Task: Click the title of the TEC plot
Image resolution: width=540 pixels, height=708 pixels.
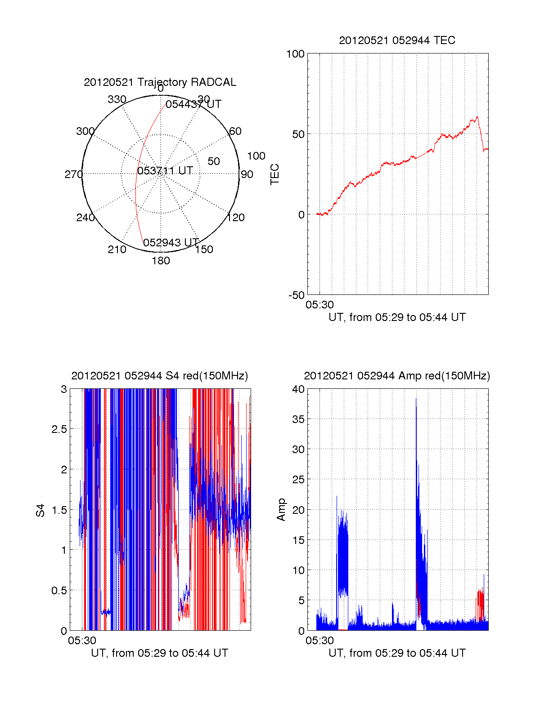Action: tap(397, 40)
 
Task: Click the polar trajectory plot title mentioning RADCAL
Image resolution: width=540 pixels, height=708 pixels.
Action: tap(160, 82)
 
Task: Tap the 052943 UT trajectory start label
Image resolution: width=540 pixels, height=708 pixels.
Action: tap(171, 243)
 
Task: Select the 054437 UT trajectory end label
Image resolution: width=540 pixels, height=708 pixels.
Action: tap(193, 104)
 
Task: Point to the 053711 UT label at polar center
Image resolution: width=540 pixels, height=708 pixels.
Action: tap(165, 171)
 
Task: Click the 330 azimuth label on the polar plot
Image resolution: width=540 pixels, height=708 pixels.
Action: tap(117, 99)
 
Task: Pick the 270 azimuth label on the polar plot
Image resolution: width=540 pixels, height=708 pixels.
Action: tap(73, 174)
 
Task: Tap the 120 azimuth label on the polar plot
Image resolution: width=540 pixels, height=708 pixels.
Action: tap(236, 218)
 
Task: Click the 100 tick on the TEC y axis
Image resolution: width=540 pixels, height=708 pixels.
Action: tap(295, 54)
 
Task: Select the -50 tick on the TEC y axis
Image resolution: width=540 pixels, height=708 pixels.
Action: tap(296, 295)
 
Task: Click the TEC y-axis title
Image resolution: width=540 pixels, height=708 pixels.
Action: tap(274, 174)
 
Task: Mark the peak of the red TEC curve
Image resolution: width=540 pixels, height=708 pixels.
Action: tap(477, 117)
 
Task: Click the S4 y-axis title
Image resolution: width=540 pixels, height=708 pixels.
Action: tap(40, 510)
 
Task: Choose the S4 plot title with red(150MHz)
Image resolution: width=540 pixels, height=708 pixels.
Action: tap(159, 376)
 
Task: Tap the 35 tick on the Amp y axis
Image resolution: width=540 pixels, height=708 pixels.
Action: tap(298, 419)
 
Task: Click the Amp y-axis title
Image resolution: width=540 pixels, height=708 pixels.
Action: tap(281, 510)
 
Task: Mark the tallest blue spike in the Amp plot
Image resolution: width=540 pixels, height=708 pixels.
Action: tap(416, 398)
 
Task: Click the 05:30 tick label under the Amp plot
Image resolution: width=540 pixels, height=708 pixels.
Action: tap(319, 640)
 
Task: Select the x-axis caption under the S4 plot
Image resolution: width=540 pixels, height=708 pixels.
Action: tap(159, 653)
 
